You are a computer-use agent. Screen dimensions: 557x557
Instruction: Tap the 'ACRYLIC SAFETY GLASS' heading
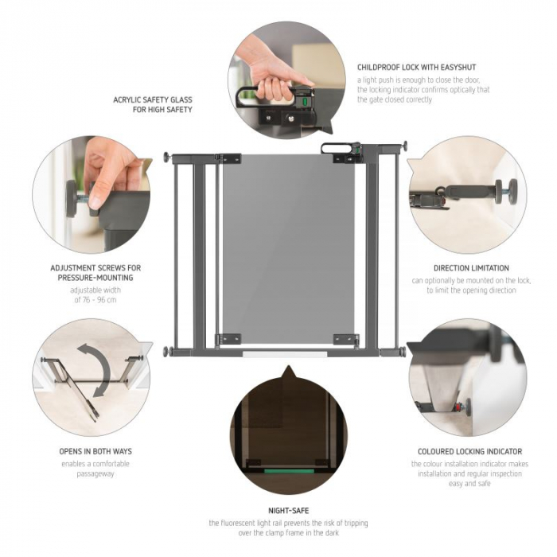point(153,99)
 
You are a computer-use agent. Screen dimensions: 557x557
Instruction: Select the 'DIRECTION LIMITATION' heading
point(471,268)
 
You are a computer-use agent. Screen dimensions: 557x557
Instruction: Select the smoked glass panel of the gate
point(288,247)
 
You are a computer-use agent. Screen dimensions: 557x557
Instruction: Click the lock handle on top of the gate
point(340,147)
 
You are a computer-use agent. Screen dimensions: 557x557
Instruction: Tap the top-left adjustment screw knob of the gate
point(167,158)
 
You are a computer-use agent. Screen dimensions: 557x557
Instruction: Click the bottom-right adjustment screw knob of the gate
point(403,351)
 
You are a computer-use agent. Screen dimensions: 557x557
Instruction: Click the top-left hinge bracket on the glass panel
point(229,158)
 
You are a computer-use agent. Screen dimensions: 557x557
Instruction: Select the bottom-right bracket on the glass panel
point(346,339)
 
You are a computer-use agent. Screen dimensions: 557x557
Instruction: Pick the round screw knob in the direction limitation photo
point(502,190)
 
